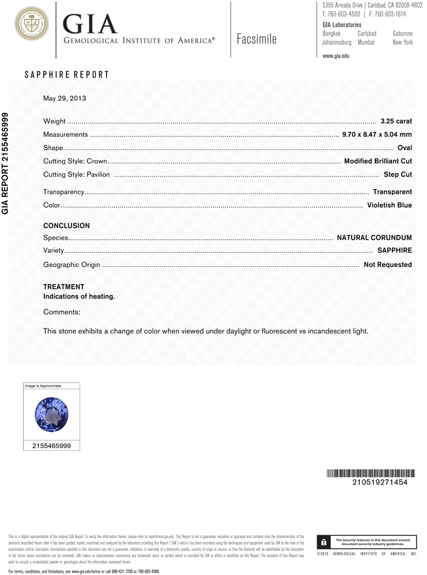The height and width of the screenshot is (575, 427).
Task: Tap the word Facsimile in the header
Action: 257,39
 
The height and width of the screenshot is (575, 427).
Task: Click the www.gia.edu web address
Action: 336,56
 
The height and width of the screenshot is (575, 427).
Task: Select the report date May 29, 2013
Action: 64,98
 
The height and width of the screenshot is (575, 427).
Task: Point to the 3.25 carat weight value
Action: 396,121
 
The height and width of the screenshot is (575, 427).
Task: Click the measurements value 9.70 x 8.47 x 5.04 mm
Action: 377,135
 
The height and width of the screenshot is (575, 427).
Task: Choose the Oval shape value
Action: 405,148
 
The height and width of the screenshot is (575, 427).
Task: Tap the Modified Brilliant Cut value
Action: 378,161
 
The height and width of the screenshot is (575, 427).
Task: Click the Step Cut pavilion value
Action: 398,174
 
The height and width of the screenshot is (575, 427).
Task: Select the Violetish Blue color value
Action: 389,205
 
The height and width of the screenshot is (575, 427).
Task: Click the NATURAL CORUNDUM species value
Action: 374,237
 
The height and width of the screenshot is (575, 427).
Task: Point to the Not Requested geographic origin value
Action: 387,264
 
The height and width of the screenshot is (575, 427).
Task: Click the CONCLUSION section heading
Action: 67,226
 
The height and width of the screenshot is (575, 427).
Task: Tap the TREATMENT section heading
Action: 64,287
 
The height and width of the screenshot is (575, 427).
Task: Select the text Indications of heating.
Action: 79,297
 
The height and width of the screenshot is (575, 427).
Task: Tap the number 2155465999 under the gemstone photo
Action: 52,446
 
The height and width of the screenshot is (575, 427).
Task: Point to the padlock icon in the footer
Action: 324,542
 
